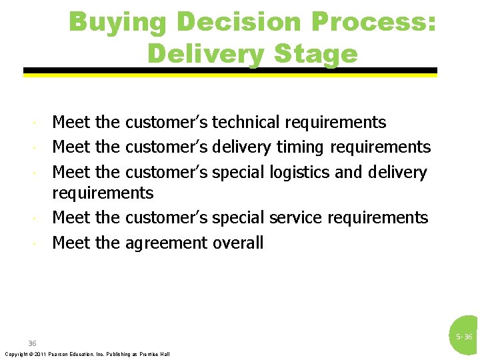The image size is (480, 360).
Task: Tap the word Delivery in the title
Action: tap(202, 53)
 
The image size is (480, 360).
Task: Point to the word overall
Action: tap(238, 243)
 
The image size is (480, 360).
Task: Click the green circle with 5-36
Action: tap(465, 337)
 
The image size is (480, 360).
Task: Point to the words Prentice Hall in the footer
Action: tap(157, 354)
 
